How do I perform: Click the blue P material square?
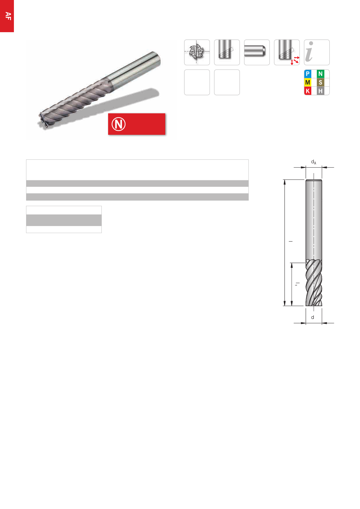click(308, 74)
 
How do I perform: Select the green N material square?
click(320, 74)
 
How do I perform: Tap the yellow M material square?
click(308, 82)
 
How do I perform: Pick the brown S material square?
click(320, 82)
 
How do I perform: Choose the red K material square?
click(308, 91)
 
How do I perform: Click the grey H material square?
click(320, 91)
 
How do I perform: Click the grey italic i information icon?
click(310, 52)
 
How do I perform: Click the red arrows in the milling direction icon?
click(295, 60)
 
